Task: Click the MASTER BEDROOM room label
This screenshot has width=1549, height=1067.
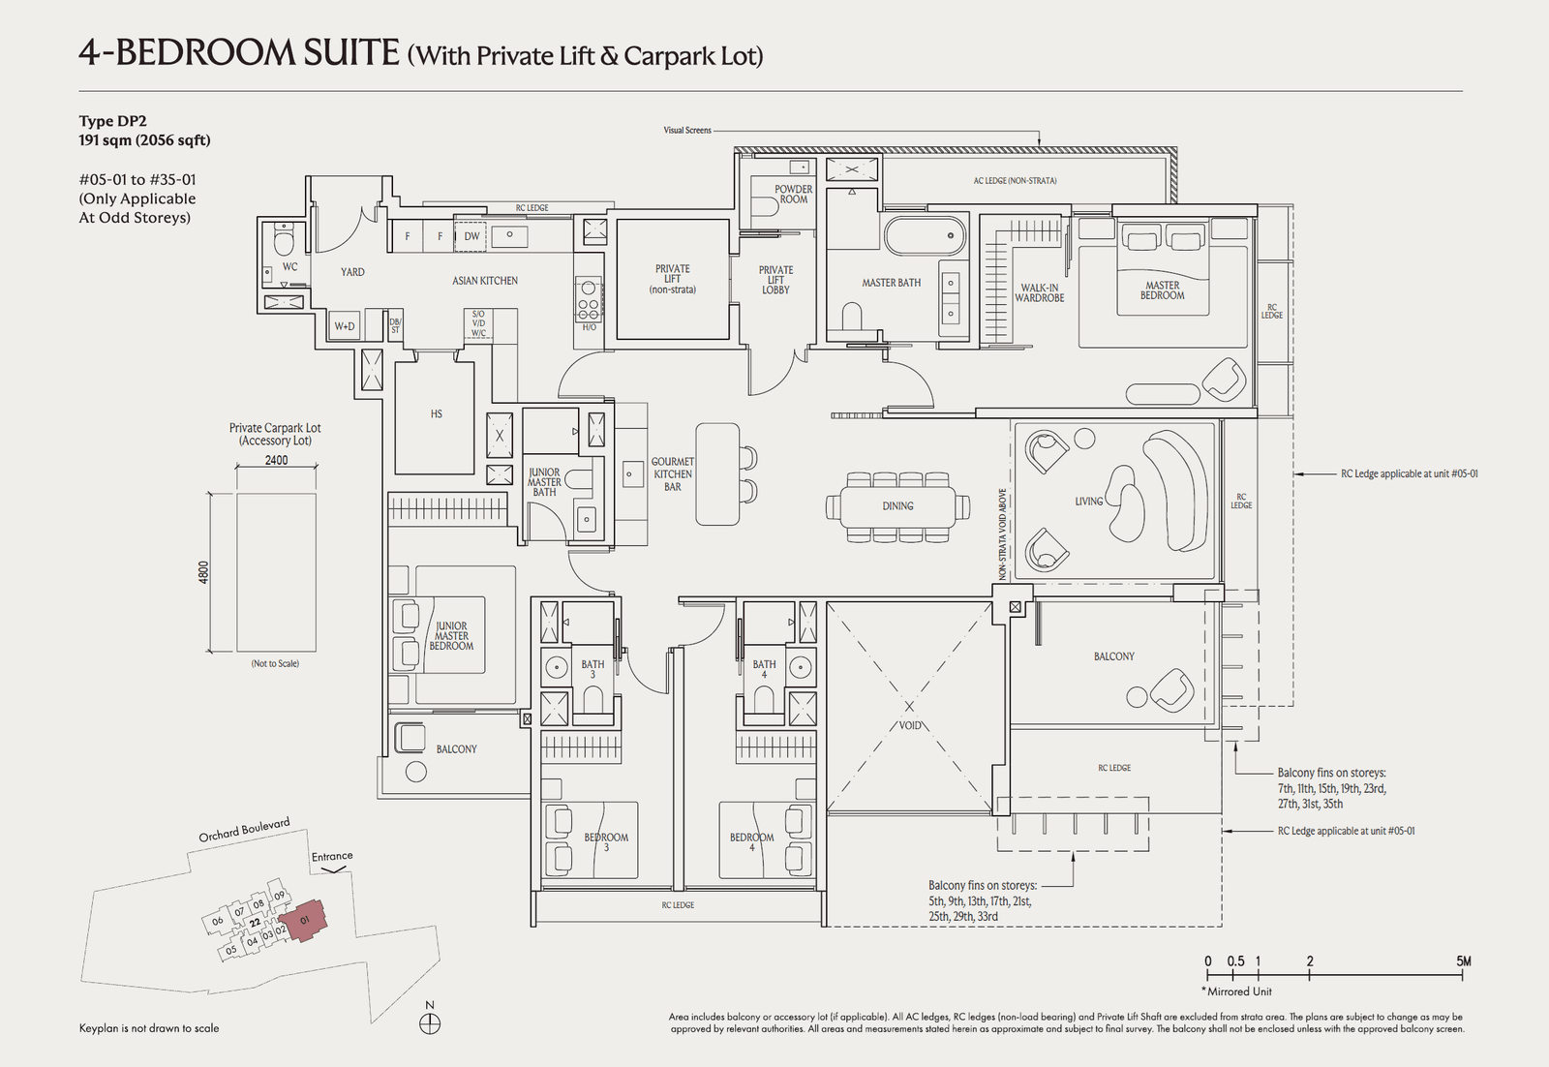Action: [x=1162, y=290]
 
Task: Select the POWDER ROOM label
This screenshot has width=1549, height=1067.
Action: [x=793, y=194]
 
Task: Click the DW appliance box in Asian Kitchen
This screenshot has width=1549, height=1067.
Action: [x=471, y=236]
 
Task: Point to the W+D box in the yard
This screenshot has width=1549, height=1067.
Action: [x=345, y=326]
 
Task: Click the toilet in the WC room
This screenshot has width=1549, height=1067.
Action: [x=283, y=239]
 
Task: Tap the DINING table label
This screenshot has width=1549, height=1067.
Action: [x=897, y=506]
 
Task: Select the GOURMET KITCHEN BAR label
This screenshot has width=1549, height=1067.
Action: [x=672, y=474]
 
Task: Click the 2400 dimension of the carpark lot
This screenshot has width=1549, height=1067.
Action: [x=276, y=460]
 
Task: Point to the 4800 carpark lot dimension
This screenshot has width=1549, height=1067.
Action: [x=203, y=571]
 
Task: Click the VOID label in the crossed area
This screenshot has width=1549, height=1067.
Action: [x=910, y=725]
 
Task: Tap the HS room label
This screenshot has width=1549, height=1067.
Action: [x=436, y=414]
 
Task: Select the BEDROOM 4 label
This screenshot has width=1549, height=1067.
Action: [x=751, y=841]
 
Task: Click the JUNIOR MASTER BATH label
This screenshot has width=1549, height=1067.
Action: [x=544, y=482]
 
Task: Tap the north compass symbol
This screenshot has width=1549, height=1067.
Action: [x=431, y=1022]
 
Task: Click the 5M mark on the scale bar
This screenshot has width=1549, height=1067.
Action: [x=1463, y=961]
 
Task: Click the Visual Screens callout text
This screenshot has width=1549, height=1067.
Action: [x=687, y=130]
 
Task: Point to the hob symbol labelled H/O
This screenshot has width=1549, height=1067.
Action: [x=589, y=298]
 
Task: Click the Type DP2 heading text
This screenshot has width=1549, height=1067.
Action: [x=112, y=121]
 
